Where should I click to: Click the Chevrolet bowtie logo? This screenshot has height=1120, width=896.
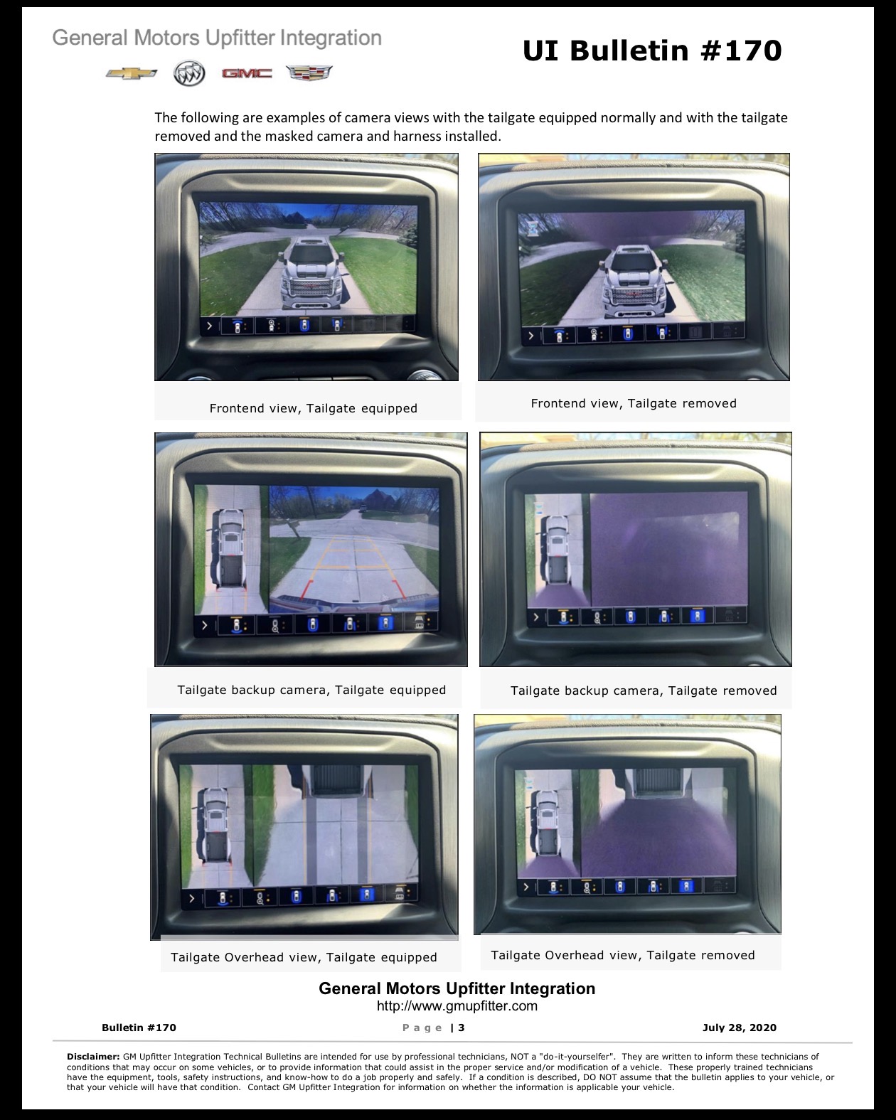(131, 73)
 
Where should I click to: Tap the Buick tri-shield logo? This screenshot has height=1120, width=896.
(189, 73)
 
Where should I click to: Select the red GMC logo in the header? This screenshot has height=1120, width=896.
(247, 73)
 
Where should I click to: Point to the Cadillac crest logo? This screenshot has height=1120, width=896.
(309, 73)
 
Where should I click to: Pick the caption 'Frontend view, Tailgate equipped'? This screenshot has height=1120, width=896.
(314, 409)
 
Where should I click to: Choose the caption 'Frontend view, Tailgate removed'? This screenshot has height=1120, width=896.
(634, 403)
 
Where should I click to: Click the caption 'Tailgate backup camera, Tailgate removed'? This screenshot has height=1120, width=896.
(644, 690)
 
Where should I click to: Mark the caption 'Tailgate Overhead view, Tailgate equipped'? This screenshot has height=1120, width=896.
(304, 957)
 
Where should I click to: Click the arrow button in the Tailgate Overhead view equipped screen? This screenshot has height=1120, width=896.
(192, 898)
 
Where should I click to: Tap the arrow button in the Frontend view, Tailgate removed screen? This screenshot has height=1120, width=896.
(531, 335)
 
